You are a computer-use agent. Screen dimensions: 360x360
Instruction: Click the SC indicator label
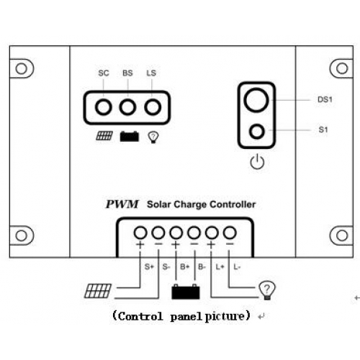coord(104,73)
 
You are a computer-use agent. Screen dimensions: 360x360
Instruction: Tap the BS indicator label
coord(127,73)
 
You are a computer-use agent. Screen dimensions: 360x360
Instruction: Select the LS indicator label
coord(151,73)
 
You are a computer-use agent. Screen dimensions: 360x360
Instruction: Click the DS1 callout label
coord(325,99)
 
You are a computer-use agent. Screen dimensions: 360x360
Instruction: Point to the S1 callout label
coord(323,130)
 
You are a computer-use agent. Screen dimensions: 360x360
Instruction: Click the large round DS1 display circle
coord(256,100)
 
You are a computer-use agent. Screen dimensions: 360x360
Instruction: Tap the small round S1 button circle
coord(257,131)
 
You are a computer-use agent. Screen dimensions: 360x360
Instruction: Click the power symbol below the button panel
coord(257,162)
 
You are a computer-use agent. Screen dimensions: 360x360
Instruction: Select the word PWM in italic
coord(122,204)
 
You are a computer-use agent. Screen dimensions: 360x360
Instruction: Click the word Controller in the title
coord(233,204)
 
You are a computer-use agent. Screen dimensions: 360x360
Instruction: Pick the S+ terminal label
coord(149,266)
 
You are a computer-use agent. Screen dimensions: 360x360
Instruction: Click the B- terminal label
coord(202,266)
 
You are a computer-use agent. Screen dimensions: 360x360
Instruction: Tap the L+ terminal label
coord(220,266)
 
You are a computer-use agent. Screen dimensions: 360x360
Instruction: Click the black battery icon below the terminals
coord(186,292)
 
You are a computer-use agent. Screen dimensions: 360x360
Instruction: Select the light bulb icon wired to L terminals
coord(267,290)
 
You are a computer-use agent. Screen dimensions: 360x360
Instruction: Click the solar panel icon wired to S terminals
coord(98,291)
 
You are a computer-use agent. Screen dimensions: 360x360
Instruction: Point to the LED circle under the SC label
coord(104,107)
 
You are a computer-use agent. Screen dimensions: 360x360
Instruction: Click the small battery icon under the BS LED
coord(130,136)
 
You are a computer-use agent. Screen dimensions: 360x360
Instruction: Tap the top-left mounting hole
coord(22,68)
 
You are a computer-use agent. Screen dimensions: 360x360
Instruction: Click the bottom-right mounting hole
coord(342,235)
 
